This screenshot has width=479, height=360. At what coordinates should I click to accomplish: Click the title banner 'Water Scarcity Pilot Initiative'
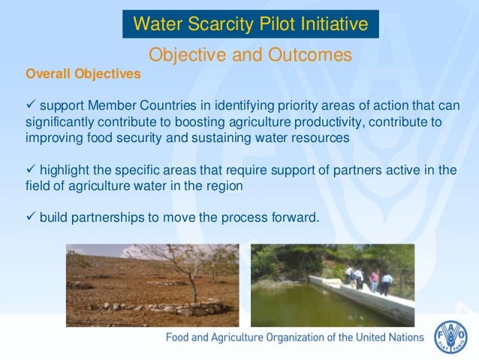(x=251, y=24)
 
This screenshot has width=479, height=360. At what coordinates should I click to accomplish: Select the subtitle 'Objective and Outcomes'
(x=250, y=55)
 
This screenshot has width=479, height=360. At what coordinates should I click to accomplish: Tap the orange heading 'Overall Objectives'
(x=83, y=74)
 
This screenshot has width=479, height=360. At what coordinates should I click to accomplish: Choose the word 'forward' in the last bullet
(x=295, y=218)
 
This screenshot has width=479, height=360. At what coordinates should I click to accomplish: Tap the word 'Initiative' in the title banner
(x=335, y=24)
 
